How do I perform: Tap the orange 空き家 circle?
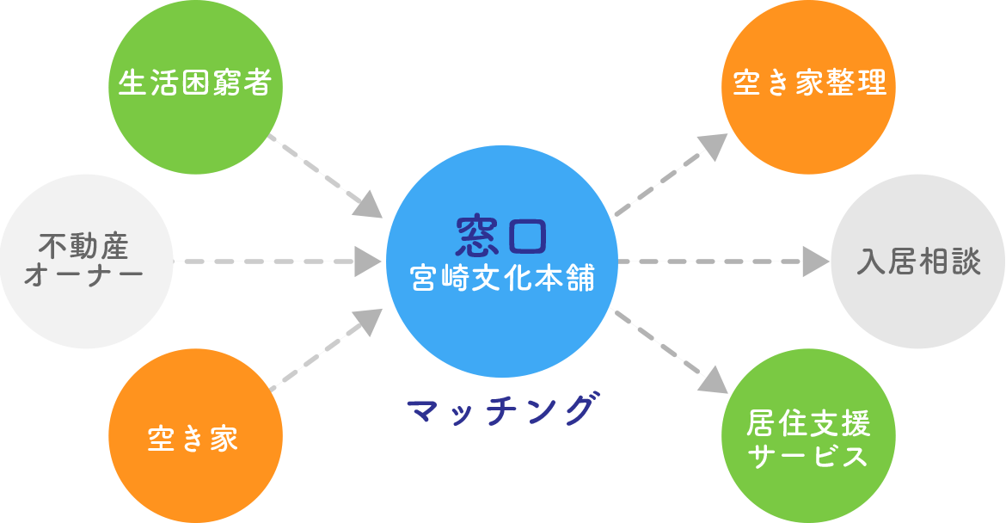(196, 437)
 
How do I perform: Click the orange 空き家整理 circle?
(808, 86)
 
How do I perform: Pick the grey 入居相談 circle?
(917, 261)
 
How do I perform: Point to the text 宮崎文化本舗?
(503, 279)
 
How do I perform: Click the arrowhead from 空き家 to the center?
(369, 320)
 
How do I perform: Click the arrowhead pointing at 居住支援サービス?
(712, 379)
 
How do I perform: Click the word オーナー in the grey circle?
(84, 277)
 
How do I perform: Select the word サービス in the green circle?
(808, 456)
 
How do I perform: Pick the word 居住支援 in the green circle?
(808, 424)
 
